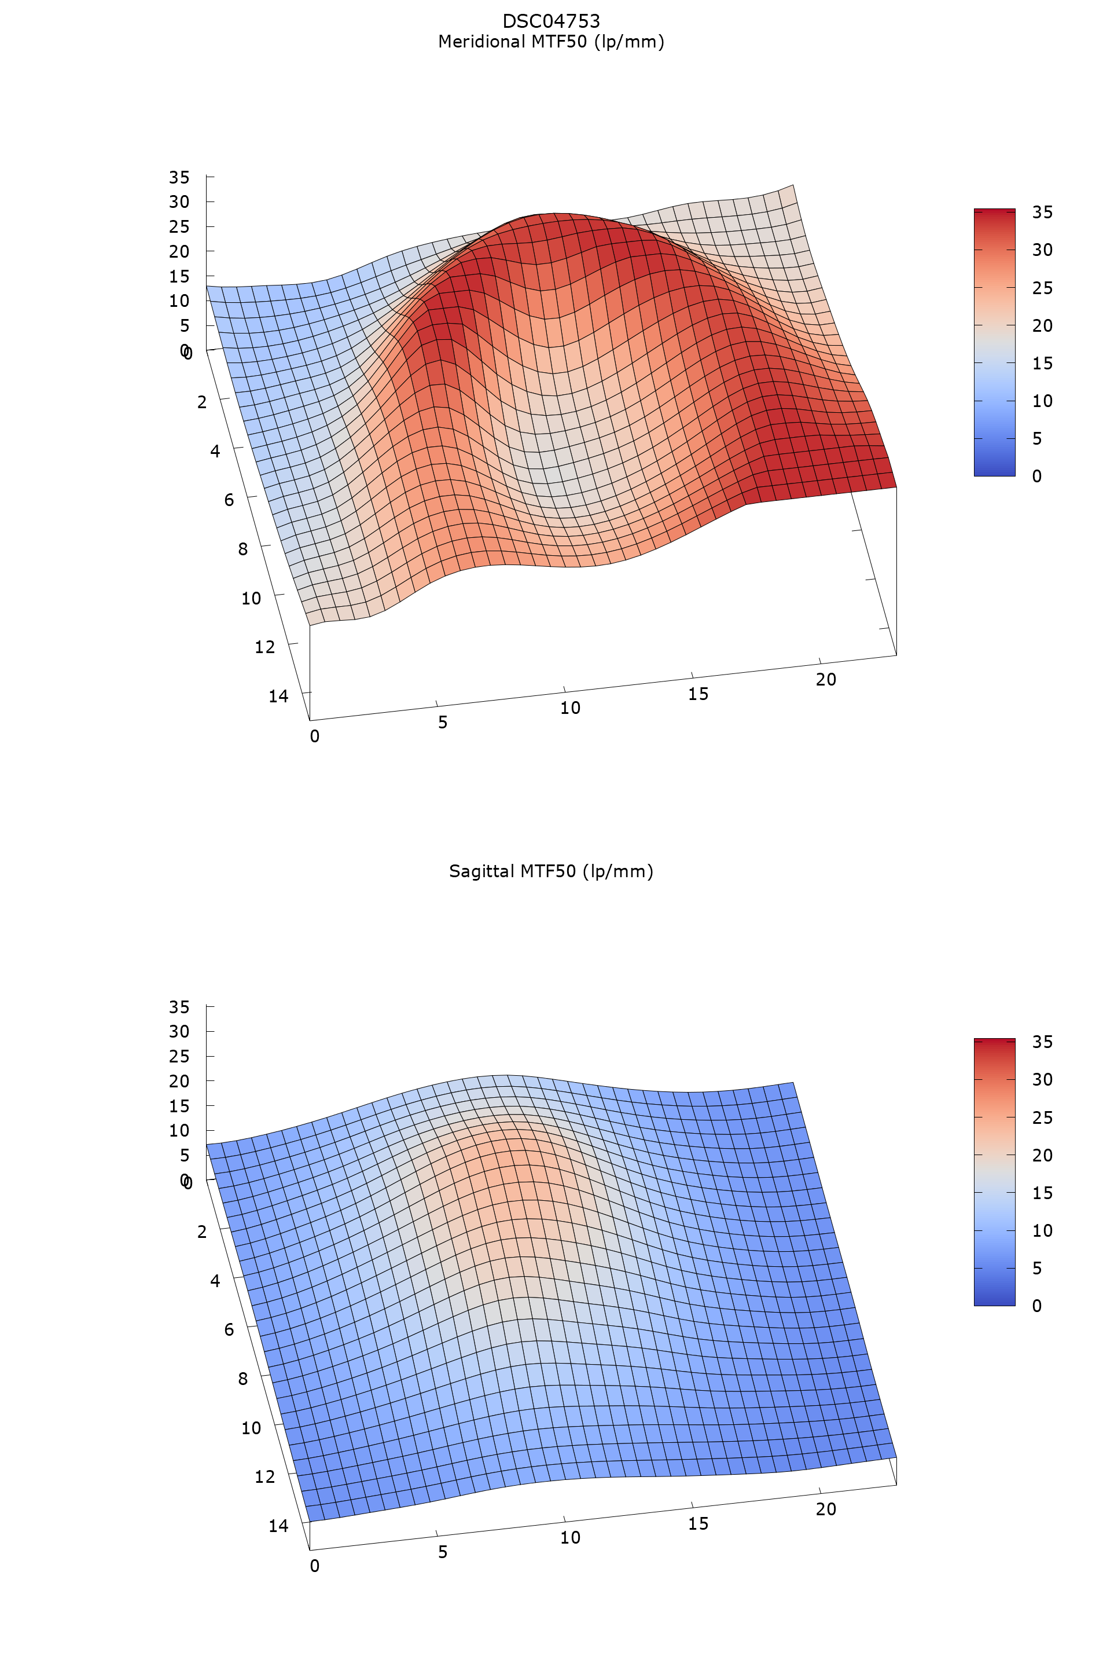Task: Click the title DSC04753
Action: pyautogui.click(x=551, y=21)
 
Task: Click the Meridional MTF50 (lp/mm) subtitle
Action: pyautogui.click(x=551, y=42)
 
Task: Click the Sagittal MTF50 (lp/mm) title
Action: pyautogui.click(x=551, y=871)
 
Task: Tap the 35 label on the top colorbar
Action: pyautogui.click(x=1042, y=212)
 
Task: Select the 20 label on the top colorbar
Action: pyautogui.click(x=1042, y=325)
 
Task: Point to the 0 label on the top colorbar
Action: pyautogui.click(x=1037, y=477)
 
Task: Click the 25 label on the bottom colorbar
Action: pyautogui.click(x=1042, y=1117)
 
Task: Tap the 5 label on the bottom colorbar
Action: pyautogui.click(x=1037, y=1268)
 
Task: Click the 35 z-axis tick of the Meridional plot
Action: pyautogui.click(x=179, y=177)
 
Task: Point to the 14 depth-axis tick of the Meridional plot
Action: pyautogui.click(x=278, y=696)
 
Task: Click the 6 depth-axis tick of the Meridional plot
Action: pyautogui.click(x=229, y=500)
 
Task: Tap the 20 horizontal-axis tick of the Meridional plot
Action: pyautogui.click(x=826, y=679)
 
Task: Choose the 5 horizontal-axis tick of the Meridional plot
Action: pyautogui.click(x=443, y=722)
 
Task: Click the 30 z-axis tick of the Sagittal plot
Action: pyautogui.click(x=179, y=1032)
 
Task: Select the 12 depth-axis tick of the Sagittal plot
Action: pyautogui.click(x=264, y=1476)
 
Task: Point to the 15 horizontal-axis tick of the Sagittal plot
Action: pyautogui.click(x=698, y=1523)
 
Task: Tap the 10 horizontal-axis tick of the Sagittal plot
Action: pyautogui.click(x=570, y=1538)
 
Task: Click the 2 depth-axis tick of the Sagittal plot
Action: pyautogui.click(x=202, y=1232)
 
